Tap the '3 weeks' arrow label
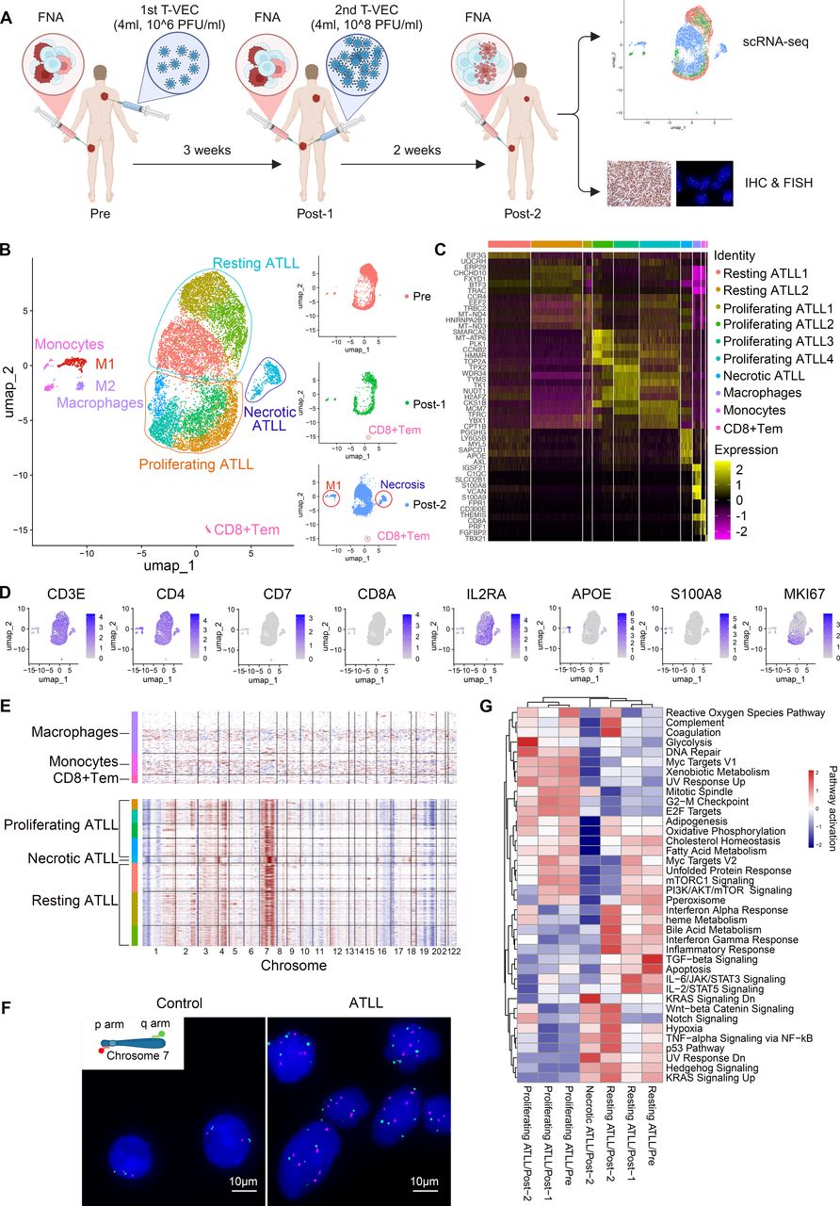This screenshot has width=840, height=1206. [196, 147]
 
